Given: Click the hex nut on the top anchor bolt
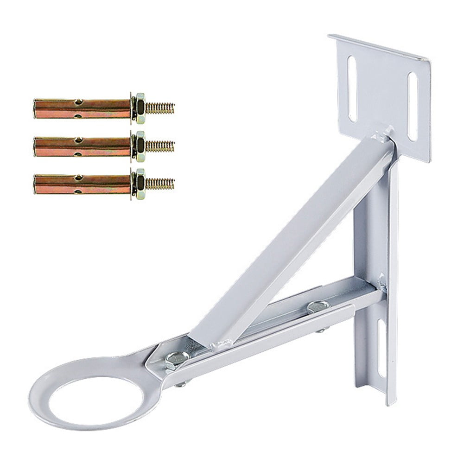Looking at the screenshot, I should click(x=139, y=108).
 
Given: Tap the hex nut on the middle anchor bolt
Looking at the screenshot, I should click(x=139, y=146).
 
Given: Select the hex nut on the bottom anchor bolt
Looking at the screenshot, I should click(x=139, y=184).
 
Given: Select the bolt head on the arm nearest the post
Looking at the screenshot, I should click(x=318, y=305).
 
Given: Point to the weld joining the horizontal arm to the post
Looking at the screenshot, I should click(x=381, y=283).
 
